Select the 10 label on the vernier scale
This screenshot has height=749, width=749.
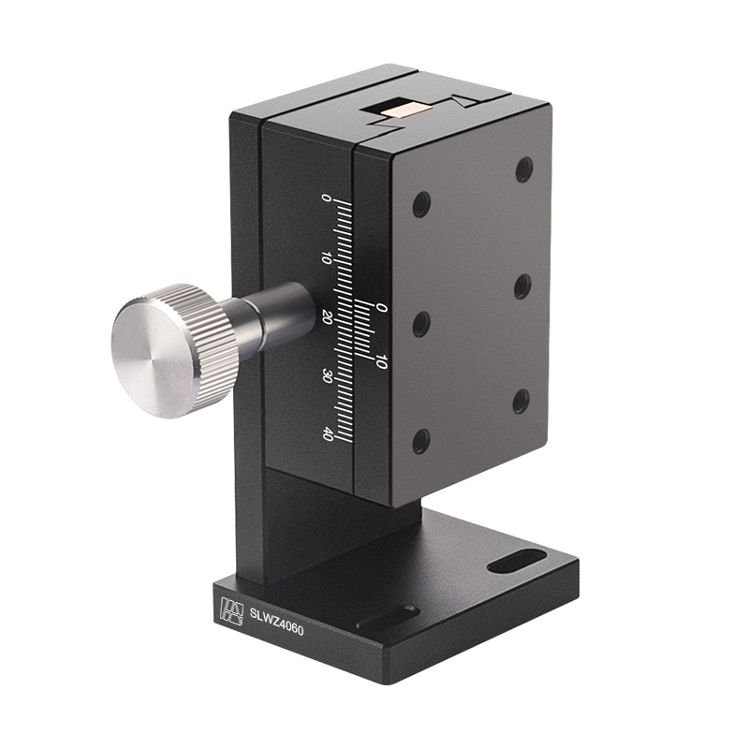point(380,361)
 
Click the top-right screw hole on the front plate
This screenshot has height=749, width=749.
point(524,169)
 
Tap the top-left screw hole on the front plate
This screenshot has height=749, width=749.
point(421,203)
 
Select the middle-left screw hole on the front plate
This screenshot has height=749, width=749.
point(421,324)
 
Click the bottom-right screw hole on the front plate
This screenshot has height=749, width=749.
point(521,400)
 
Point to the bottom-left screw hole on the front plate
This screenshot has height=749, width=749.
point(420,440)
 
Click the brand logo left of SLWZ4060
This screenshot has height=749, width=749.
point(229,611)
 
